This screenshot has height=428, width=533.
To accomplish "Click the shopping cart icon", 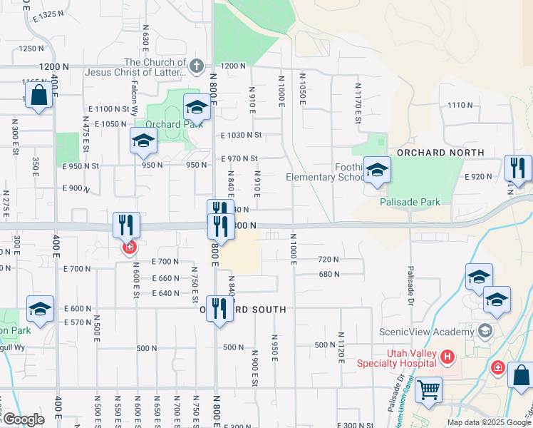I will [428, 390].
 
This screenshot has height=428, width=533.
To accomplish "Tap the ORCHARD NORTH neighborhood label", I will [440, 153].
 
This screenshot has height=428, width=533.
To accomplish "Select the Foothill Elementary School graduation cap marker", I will [378, 170].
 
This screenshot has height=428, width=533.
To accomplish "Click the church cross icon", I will [197, 66].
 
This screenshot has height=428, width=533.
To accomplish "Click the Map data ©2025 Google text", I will [489, 422].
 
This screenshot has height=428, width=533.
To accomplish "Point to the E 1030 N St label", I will [242, 135].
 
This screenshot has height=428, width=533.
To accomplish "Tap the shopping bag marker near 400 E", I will [38, 96].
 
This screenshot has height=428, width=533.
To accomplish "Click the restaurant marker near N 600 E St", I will [126, 225].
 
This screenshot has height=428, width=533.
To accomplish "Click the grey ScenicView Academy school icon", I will [485, 331].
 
